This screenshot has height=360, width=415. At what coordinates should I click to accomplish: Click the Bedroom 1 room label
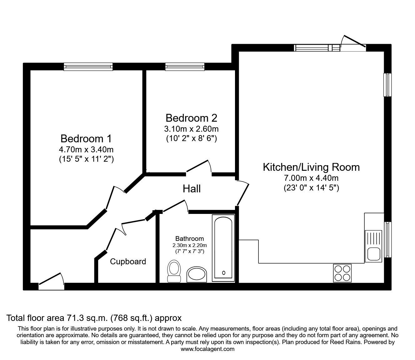(x=86, y=138)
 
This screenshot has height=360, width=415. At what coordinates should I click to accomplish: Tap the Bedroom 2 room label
(x=191, y=118)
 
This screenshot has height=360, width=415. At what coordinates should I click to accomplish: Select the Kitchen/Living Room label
(x=311, y=167)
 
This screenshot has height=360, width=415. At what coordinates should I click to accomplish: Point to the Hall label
(x=192, y=189)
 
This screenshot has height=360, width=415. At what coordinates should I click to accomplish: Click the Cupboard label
(x=128, y=261)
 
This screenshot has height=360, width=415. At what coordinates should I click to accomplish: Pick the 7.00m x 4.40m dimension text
(x=311, y=178)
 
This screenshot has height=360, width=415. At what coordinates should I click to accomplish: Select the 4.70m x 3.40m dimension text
(x=86, y=150)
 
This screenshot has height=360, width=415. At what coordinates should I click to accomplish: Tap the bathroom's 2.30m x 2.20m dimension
(x=189, y=245)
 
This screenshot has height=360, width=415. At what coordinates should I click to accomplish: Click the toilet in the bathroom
(x=174, y=271)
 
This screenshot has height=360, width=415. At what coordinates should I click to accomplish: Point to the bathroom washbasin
(x=197, y=275)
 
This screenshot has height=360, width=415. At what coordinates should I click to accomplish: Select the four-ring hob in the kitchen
(x=342, y=273)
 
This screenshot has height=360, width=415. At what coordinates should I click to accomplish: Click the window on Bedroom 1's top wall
(x=88, y=66)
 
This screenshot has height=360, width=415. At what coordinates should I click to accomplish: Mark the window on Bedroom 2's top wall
(x=185, y=66)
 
